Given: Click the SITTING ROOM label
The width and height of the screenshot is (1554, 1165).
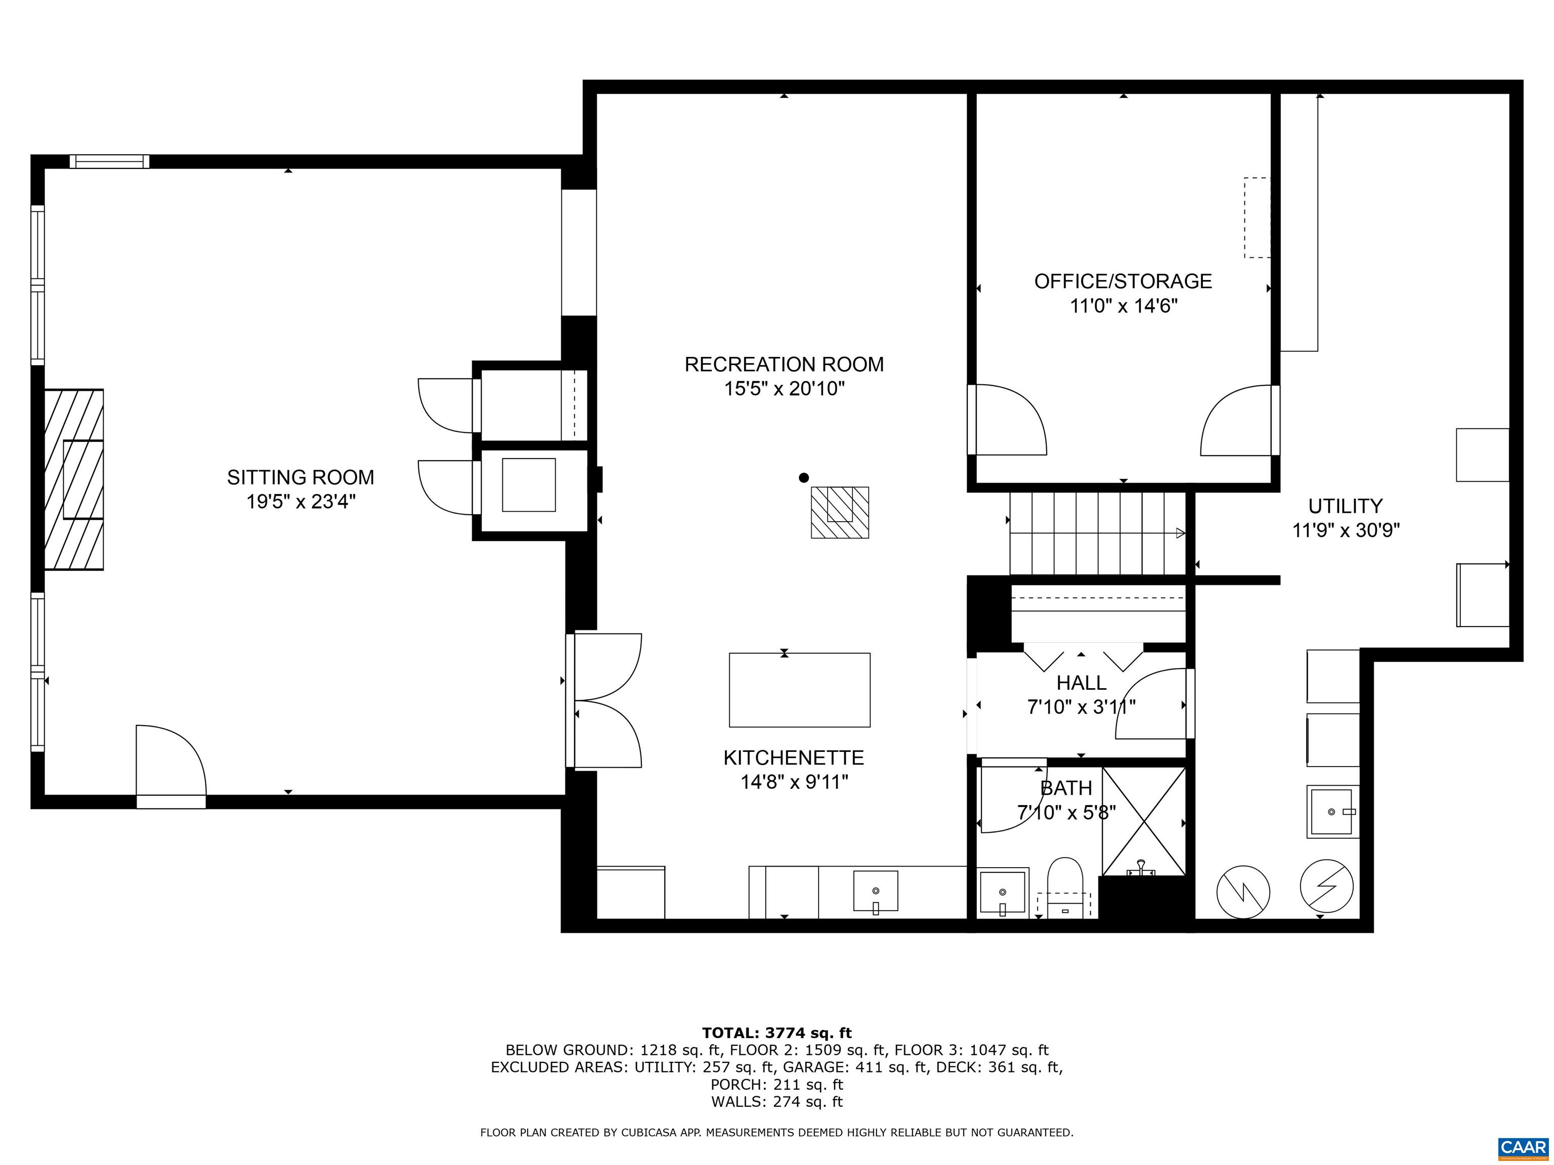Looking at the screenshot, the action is coord(300,477).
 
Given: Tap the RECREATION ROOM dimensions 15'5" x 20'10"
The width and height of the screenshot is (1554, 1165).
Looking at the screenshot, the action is coord(784,388).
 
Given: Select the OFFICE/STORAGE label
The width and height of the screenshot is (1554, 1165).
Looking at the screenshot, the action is coord(1123,282).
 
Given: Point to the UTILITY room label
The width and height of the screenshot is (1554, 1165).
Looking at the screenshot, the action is coord(1346,506).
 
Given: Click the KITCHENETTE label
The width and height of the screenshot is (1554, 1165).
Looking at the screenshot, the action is coord(794,758).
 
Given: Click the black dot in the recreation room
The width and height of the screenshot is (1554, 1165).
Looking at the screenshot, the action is coord(804,477).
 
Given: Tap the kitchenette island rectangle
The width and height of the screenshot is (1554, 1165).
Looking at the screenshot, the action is coord(799,690).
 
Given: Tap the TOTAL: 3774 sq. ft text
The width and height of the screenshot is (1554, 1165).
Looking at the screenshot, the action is coord(776,1033).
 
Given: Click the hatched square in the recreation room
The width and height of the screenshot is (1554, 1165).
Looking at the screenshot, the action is coord(840,513).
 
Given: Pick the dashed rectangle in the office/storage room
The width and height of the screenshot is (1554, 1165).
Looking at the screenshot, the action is coord(1257,218).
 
